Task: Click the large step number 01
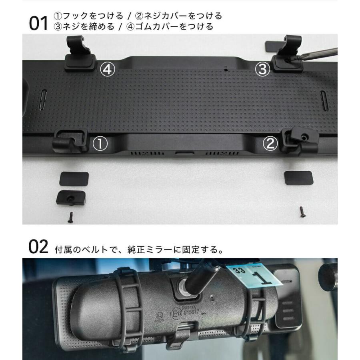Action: click(38, 24)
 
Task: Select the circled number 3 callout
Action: click(262, 70)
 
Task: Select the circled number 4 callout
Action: click(108, 70)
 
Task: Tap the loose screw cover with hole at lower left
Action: click(72, 197)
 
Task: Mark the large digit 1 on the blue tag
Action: click(263, 276)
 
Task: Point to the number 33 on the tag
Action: click(239, 271)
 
